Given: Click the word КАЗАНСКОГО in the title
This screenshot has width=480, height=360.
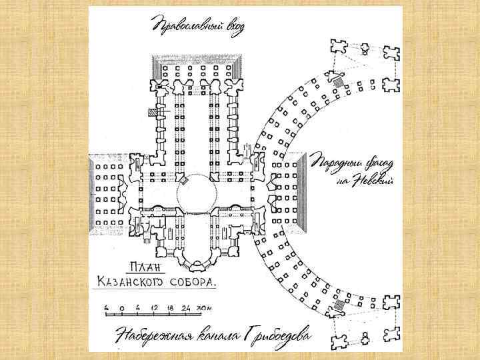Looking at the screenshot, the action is click(142, 282).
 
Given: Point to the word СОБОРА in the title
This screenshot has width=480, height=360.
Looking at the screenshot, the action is click(194, 282).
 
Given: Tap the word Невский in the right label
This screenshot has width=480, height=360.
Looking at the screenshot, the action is click(373, 179).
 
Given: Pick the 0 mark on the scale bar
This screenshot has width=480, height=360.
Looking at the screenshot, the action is click(115, 307).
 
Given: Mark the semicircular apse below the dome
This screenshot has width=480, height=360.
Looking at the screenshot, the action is click(198, 250).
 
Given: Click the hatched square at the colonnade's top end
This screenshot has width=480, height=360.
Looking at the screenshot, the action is click(338, 82).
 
